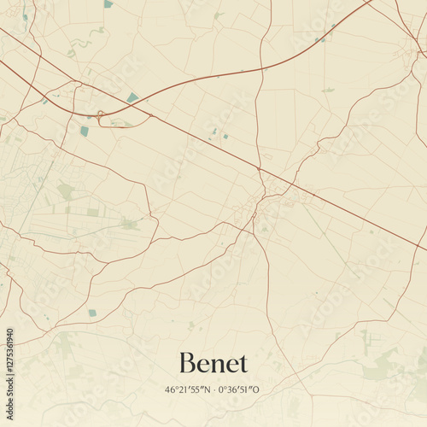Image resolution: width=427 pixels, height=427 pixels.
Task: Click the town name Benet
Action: click(213, 363)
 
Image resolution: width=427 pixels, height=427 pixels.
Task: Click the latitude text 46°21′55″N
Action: click(186, 390)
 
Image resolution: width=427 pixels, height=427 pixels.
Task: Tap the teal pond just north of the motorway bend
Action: click(132, 98)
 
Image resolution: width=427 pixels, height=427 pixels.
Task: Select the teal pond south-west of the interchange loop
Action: click(85, 131)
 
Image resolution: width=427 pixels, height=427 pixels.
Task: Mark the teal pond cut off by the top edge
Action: click(108, 3)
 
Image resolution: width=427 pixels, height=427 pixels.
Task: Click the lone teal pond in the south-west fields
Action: click(92, 313)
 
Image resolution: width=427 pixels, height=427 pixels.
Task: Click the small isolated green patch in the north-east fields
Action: click(328, 90)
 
